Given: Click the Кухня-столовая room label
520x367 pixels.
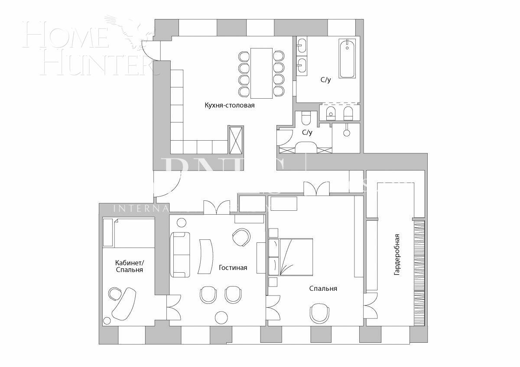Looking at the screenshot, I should [229, 105].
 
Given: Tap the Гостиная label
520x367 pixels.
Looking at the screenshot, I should [233, 267].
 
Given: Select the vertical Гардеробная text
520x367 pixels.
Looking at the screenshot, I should [397, 255].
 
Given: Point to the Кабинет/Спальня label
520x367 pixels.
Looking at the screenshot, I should [129, 266].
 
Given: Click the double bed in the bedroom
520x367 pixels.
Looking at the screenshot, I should [296, 257].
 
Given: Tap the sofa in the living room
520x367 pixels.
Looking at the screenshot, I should [180, 254].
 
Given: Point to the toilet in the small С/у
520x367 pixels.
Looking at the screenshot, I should [306, 118].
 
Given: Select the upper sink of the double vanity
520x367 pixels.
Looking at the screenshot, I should [302, 45].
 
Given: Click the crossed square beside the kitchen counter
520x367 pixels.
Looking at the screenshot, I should [236, 139].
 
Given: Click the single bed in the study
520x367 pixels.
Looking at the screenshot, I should [129, 233].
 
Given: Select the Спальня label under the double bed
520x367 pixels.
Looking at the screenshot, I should [323, 289].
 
